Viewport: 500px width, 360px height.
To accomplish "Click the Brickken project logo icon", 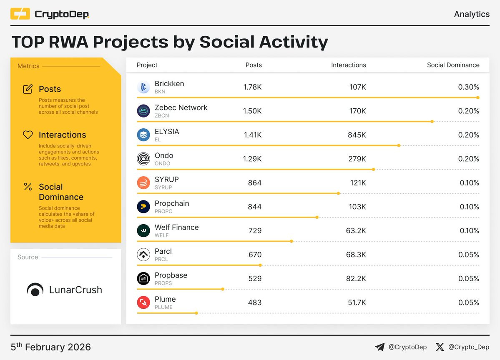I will click(143, 87).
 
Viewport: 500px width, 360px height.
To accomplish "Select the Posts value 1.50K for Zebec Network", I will click(252, 111).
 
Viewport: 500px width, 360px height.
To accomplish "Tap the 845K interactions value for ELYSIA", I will click(357, 135).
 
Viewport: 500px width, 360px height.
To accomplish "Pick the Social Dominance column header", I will click(453, 65).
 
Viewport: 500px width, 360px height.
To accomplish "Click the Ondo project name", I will click(164, 155).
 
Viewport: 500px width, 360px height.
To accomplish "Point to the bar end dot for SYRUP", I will click(338, 193).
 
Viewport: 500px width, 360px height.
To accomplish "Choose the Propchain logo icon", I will click(143, 207).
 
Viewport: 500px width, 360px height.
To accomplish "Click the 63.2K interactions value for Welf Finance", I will click(356, 231).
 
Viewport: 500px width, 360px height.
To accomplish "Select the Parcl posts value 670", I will click(255, 255).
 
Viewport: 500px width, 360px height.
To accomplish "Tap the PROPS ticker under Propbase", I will click(163, 283).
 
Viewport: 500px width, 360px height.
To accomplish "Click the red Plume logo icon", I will click(143, 302).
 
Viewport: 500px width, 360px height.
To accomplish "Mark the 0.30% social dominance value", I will click(468, 87).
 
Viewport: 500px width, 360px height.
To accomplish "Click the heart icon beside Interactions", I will click(28, 135).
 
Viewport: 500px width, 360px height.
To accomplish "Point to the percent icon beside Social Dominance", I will click(28, 187).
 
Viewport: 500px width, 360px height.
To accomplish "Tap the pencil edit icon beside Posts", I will click(28, 89).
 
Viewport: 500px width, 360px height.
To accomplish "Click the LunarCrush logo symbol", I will click(35, 290).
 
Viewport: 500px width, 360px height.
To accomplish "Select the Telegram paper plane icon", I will click(379, 347).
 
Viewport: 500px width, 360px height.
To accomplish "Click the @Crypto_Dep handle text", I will click(468, 347).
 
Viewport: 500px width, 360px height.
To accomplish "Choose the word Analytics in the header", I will click(472, 14).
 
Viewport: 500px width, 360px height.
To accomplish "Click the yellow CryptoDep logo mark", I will click(20, 14).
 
